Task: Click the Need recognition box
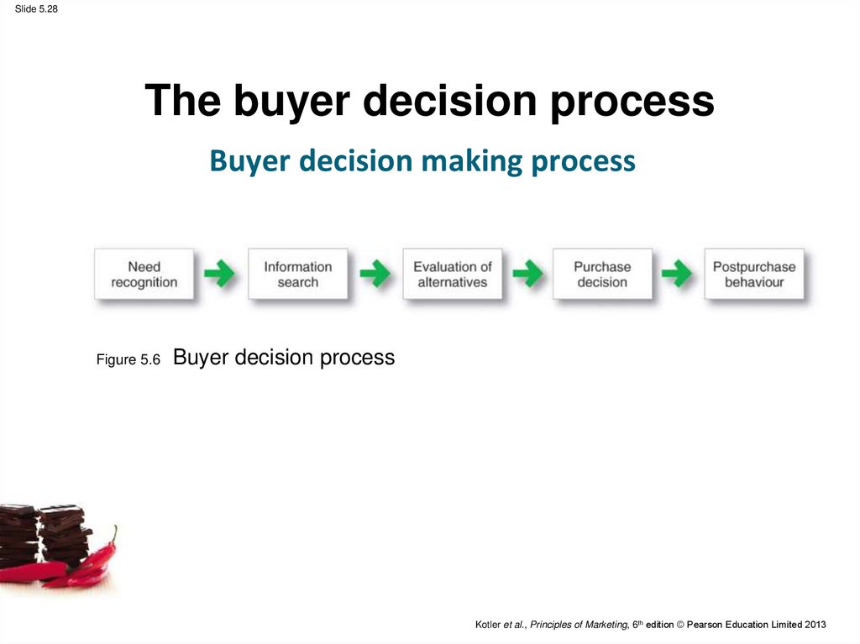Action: point(144,274)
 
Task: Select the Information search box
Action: point(298,274)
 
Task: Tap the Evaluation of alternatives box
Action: point(453,274)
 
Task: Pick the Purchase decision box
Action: point(602,274)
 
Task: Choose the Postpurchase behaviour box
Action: point(754,274)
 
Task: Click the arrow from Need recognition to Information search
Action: point(219,273)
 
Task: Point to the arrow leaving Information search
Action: point(375,273)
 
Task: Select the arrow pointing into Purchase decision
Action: point(527,273)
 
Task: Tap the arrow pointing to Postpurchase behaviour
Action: point(677,273)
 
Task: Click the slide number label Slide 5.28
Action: point(36,8)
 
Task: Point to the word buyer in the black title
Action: point(291,102)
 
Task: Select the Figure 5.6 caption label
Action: point(128,359)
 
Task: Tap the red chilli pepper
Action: point(82,565)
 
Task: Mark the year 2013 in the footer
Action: point(815,624)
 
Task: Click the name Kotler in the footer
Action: point(488,624)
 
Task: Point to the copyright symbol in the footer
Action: point(680,624)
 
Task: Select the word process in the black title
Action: point(632,102)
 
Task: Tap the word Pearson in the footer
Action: point(705,624)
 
